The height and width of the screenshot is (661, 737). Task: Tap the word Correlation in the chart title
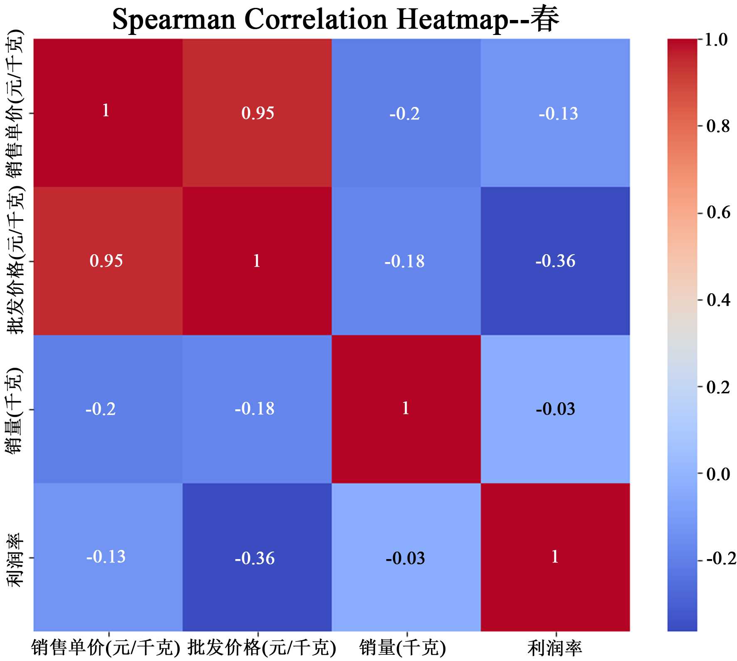[x=316, y=19]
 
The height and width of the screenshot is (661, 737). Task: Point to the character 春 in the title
[x=547, y=19]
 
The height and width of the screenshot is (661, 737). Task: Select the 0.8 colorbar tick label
[x=717, y=126]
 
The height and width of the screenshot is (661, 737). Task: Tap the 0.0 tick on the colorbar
[x=718, y=474]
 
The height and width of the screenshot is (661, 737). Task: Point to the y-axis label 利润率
[x=16, y=560]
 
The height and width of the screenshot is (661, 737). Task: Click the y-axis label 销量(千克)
[x=16, y=410]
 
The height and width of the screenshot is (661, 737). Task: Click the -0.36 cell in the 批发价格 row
[x=555, y=261]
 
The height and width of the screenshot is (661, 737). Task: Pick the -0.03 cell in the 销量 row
[x=555, y=409]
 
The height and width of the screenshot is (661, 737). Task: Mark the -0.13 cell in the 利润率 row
[x=106, y=557]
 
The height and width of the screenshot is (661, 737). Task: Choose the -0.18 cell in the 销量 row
[x=255, y=409]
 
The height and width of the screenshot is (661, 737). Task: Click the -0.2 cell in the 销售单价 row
[x=405, y=114]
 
